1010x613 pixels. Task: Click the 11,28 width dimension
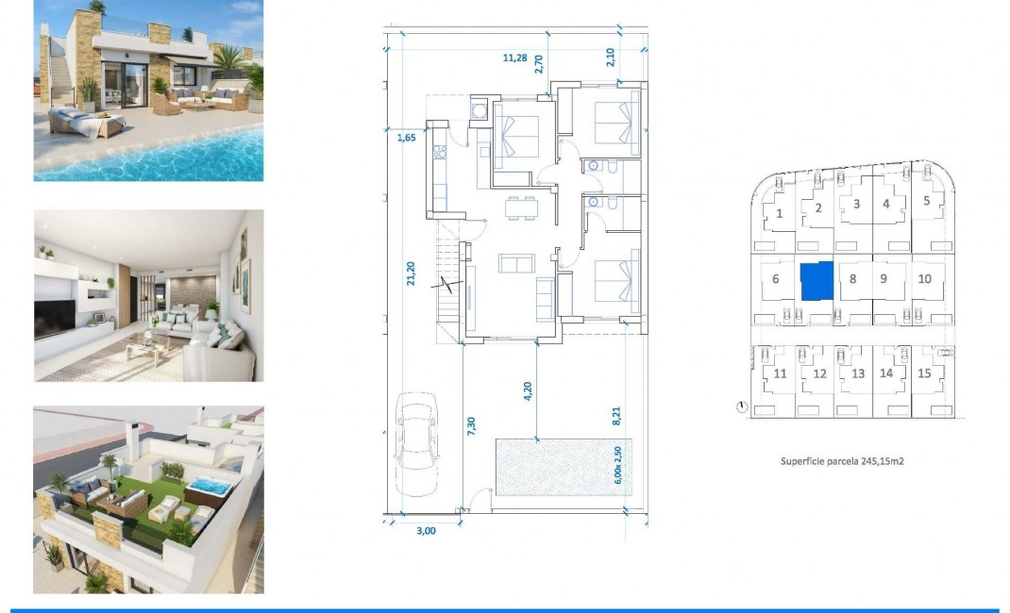(x=514, y=58)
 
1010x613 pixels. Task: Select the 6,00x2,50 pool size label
(x=618, y=464)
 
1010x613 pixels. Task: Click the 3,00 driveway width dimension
(x=427, y=531)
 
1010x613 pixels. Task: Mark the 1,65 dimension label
(x=406, y=139)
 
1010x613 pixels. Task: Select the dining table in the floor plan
(x=518, y=207)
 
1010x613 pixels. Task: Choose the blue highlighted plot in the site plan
(x=816, y=281)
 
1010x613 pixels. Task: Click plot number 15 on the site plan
(x=924, y=373)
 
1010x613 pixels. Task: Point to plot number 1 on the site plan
(x=779, y=213)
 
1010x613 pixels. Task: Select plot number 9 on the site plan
(x=884, y=278)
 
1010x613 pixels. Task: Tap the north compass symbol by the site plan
(x=742, y=407)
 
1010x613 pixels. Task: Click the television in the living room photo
(x=53, y=319)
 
